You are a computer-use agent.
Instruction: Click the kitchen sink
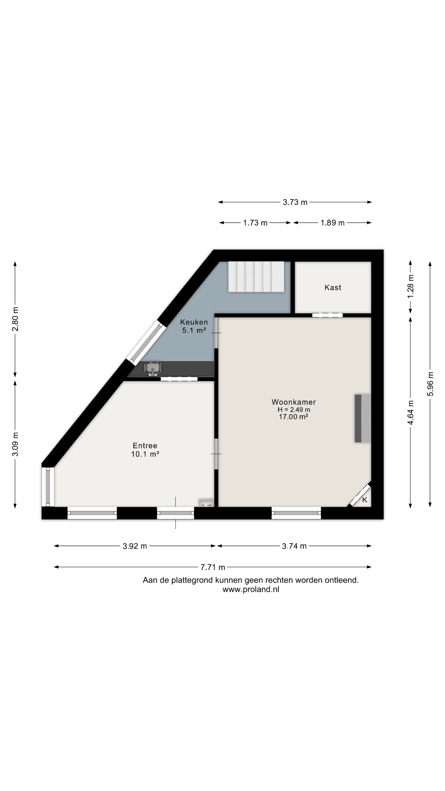[x=153, y=369]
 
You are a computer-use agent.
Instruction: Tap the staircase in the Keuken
[x=256, y=277]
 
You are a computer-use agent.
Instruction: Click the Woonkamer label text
[x=294, y=402]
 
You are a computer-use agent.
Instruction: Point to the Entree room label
[x=145, y=445]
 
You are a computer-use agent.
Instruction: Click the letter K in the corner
[x=365, y=500]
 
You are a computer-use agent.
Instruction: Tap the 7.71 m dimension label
[x=213, y=567]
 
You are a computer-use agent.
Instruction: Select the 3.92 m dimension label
[x=135, y=546]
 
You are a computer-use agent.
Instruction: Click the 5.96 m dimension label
[x=430, y=384]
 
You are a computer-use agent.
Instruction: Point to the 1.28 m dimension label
[x=411, y=286]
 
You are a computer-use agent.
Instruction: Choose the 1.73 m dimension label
[x=255, y=223]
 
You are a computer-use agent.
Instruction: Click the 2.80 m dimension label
[x=15, y=319]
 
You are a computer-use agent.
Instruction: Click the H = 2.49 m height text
[x=294, y=410]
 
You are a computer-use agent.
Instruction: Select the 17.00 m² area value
[x=293, y=417]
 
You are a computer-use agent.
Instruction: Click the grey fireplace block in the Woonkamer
[x=363, y=418]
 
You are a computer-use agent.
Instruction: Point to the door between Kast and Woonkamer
[x=327, y=315]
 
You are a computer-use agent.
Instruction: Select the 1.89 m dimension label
[x=333, y=223]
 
